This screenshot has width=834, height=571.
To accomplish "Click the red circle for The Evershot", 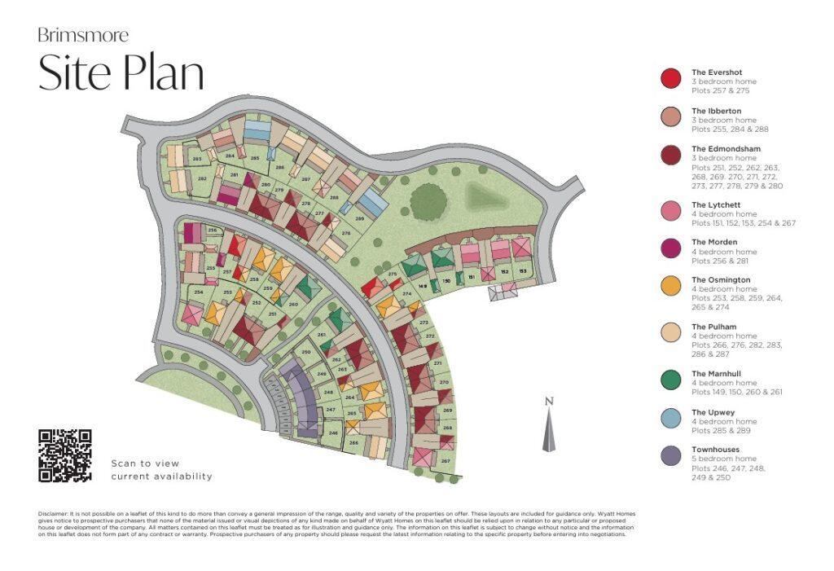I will click(x=670, y=78).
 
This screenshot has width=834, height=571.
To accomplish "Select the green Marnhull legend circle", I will click(x=670, y=380).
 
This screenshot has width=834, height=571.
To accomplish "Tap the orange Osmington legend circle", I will click(x=670, y=285).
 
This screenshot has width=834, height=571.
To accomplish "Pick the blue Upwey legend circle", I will click(x=670, y=418).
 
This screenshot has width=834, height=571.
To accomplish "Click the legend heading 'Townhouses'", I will click(x=714, y=450).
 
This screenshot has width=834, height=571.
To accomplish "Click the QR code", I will click(x=65, y=455).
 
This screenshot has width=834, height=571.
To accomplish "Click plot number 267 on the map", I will click(x=446, y=461).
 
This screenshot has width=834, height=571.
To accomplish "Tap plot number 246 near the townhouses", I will click(x=332, y=433).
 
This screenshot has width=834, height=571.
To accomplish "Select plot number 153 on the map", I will click(x=523, y=271).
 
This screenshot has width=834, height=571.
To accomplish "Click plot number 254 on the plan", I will click(x=198, y=292).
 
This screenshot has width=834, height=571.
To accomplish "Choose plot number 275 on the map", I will click(x=392, y=275).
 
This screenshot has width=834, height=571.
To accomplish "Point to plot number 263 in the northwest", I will click(x=197, y=159).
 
